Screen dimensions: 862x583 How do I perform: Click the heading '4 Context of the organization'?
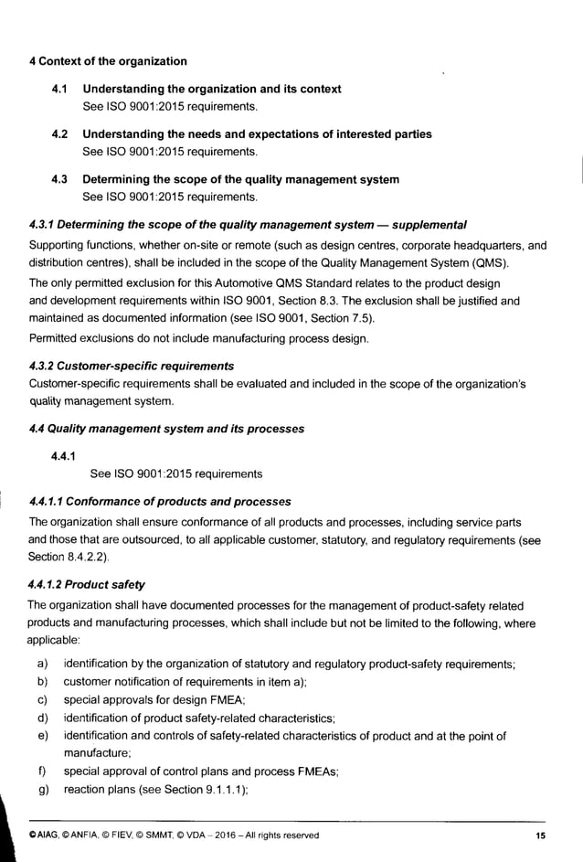click(x=108, y=61)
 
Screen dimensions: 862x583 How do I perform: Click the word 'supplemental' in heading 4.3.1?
click(x=424, y=224)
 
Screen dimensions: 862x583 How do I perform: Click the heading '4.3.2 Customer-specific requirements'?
click(x=132, y=366)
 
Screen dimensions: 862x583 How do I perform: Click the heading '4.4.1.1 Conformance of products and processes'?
click(x=160, y=501)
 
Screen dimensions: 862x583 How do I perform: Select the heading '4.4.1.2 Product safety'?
click(x=87, y=583)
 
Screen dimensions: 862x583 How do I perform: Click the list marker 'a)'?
click(x=42, y=664)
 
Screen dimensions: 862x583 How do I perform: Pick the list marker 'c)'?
click(x=42, y=699)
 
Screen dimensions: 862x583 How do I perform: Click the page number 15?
click(x=540, y=835)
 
